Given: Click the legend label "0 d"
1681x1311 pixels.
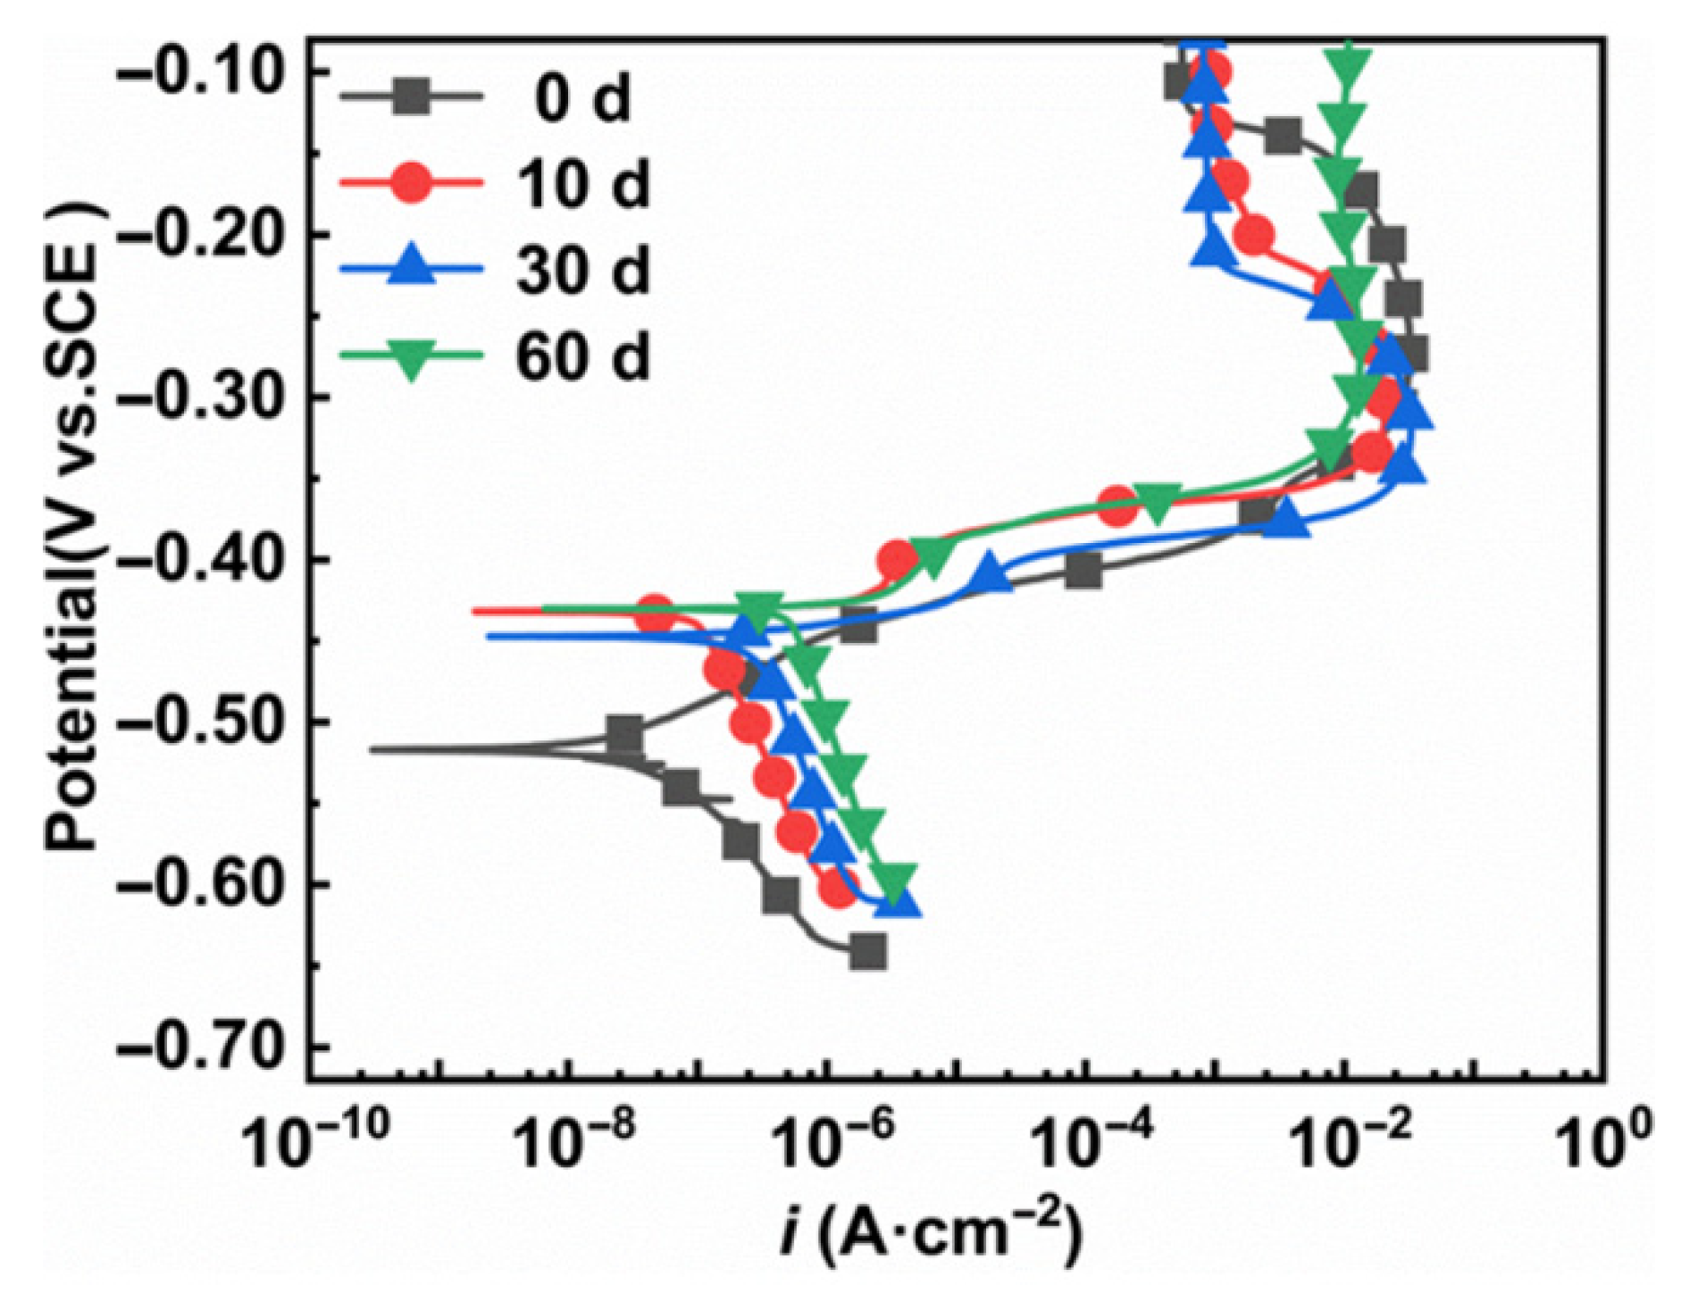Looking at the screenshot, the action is [582, 97].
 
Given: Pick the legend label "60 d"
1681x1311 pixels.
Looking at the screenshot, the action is [582, 356].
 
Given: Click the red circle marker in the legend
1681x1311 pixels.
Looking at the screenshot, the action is [413, 182].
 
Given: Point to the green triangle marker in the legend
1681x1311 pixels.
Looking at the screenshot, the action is [411, 358].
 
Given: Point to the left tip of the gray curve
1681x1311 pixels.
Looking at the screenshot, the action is [370, 749].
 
